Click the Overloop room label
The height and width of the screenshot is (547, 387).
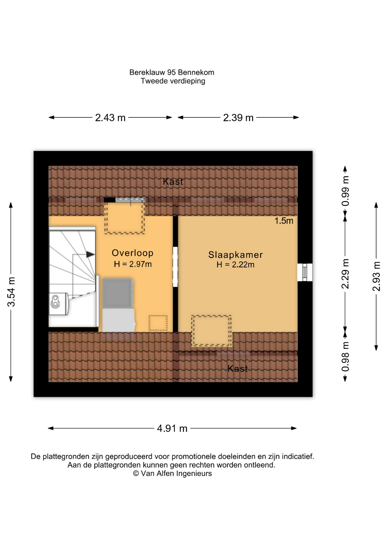133,253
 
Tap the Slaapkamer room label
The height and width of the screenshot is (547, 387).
235,255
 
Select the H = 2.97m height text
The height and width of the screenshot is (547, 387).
133,264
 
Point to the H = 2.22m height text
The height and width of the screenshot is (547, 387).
235,265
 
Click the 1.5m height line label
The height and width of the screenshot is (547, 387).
284,221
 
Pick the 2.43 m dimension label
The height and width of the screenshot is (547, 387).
110,118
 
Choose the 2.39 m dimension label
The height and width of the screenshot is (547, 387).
238,118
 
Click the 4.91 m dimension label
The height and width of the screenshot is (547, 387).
172,428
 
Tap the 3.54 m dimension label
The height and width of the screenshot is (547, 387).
11,292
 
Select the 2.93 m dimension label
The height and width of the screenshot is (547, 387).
376,276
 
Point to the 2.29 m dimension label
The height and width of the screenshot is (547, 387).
345,274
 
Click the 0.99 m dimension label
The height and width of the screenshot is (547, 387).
345,191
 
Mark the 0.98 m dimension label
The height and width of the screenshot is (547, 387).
345,357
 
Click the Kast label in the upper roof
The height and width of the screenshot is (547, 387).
173,182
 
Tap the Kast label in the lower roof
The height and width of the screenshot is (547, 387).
238,369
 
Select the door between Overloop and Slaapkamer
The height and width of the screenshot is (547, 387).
175,267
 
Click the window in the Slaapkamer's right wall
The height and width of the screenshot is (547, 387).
305,272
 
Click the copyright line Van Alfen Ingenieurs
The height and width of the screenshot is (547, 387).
172,473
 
